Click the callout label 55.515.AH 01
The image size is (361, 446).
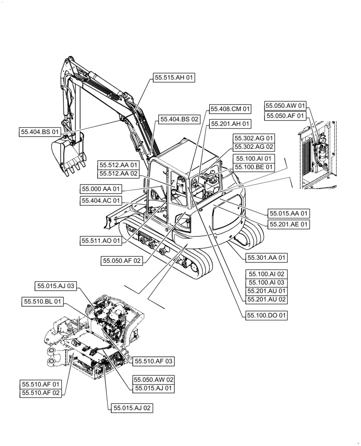[x=175, y=78]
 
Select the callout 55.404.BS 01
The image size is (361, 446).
[x=40, y=132]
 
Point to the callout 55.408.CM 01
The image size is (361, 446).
[x=231, y=109]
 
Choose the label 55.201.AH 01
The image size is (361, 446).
[x=231, y=124]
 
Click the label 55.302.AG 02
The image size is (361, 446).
[x=253, y=147]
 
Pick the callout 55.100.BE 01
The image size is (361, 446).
[x=253, y=167]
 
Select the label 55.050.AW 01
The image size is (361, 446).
[x=285, y=106]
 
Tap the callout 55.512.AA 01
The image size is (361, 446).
[x=119, y=165]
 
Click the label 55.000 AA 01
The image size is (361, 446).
[x=101, y=189]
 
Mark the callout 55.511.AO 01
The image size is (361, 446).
[x=101, y=240]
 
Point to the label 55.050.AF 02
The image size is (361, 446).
[x=122, y=261]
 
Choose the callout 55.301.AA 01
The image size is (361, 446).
[x=267, y=257]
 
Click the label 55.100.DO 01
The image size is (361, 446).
[x=267, y=315]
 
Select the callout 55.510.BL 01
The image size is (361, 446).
[x=42, y=302]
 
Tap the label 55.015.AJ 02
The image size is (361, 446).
[x=132, y=408]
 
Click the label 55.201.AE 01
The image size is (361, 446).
[x=289, y=224]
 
